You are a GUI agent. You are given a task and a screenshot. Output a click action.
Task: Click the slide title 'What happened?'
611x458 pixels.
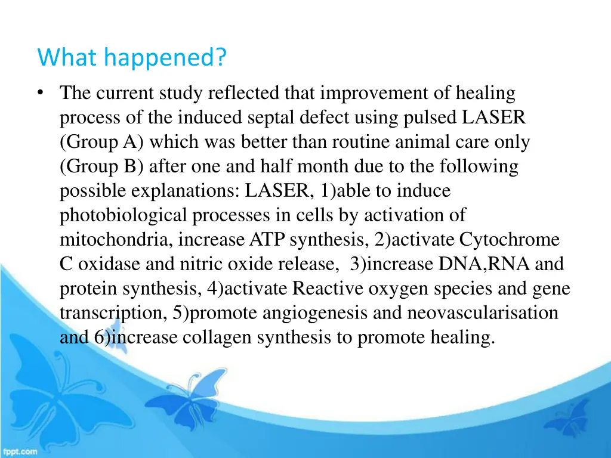pos(132,58)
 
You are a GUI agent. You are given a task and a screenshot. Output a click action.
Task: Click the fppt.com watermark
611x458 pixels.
pos(19,451)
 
